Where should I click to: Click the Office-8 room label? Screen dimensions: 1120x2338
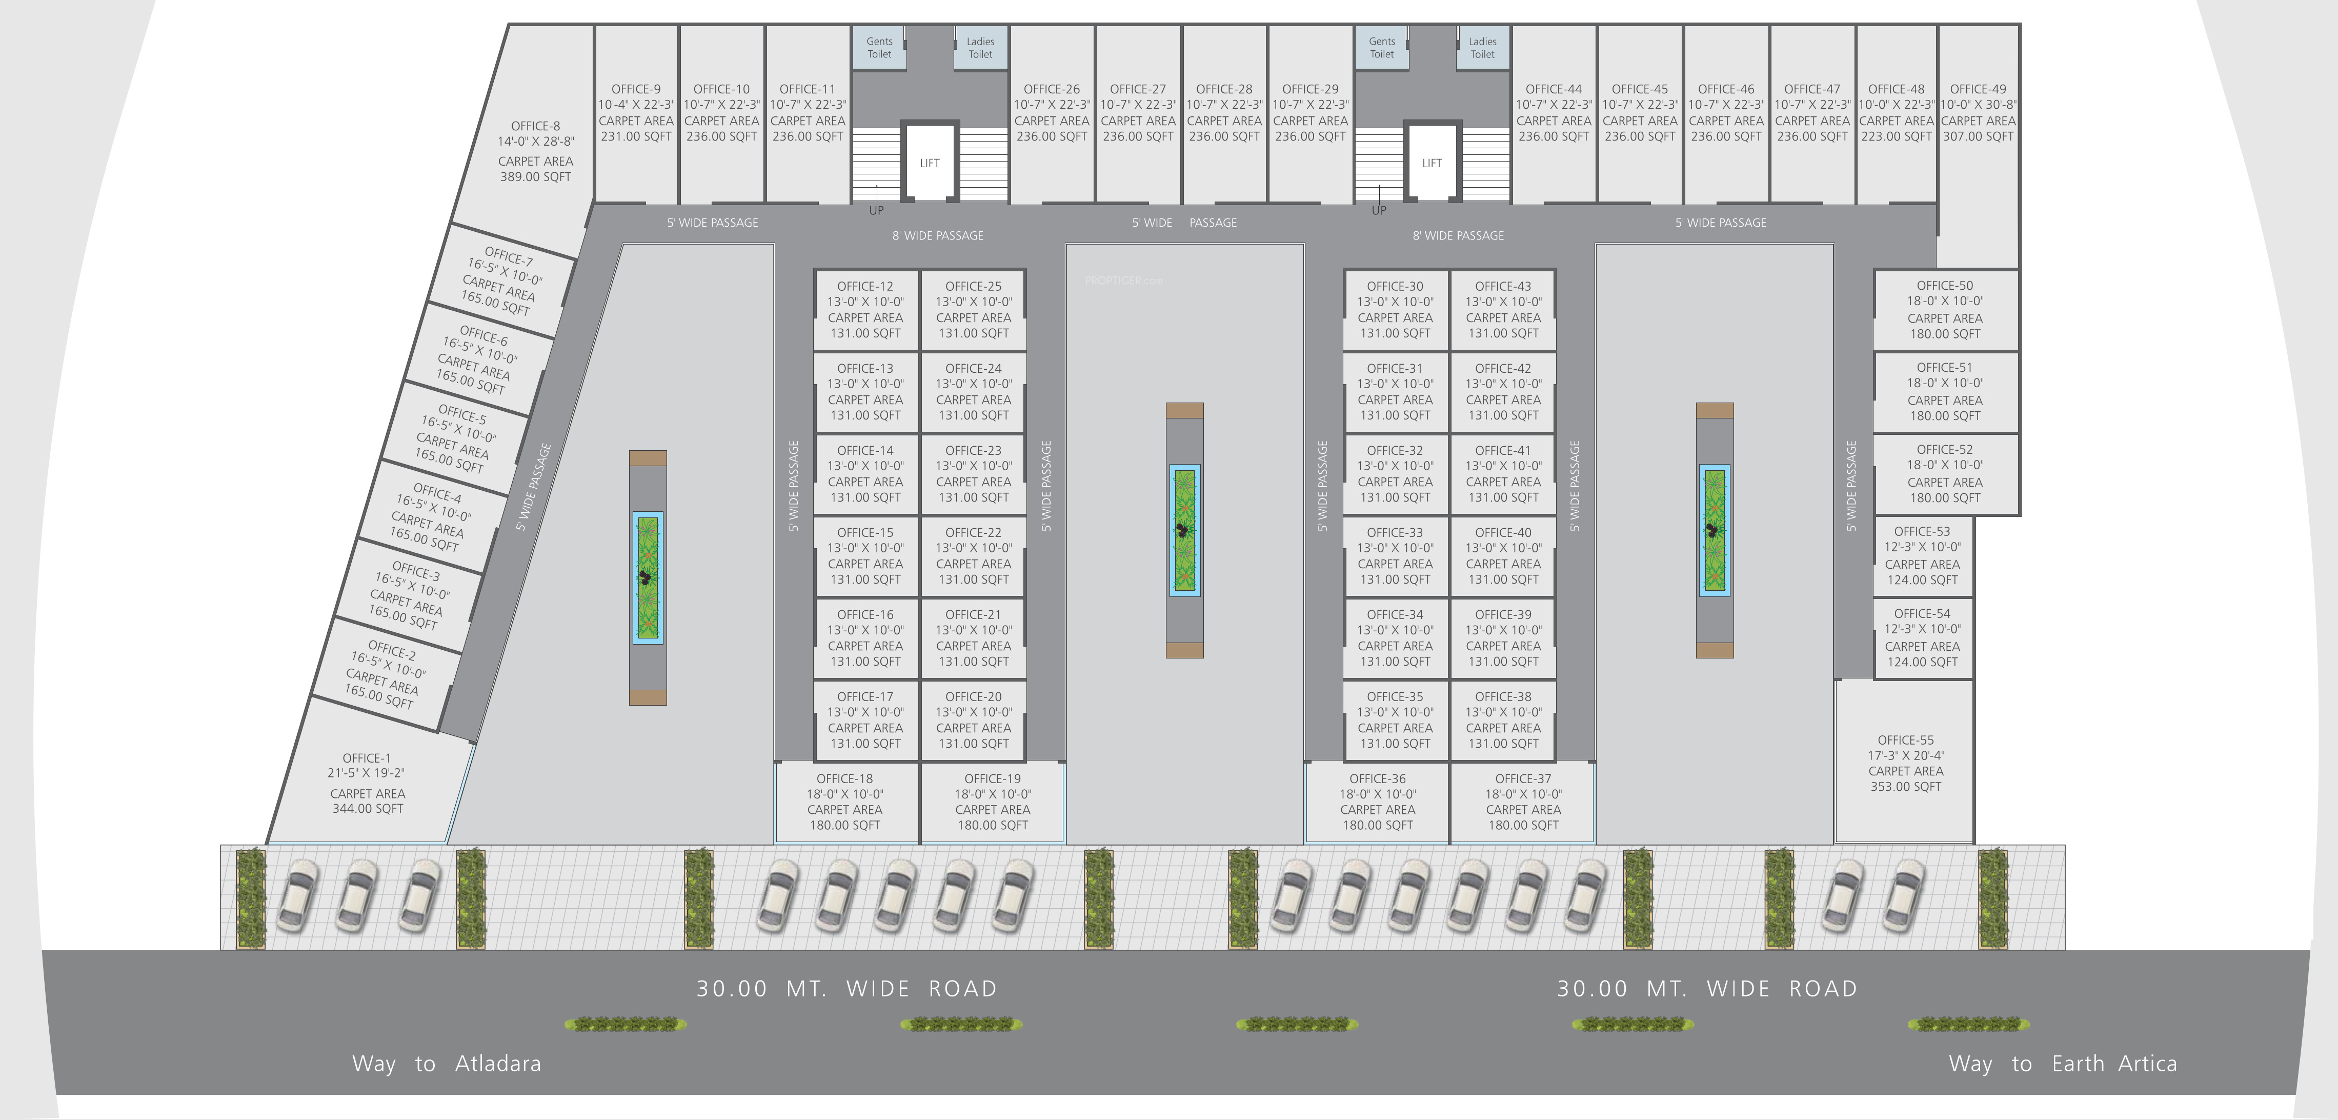(x=535, y=126)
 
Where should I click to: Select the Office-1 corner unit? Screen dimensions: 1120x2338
(x=368, y=783)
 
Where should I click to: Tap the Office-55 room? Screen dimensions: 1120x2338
(x=1905, y=763)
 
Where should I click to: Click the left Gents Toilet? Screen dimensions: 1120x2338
(x=879, y=47)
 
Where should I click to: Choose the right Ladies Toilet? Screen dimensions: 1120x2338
(x=1482, y=47)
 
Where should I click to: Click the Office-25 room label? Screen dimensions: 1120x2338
(x=973, y=286)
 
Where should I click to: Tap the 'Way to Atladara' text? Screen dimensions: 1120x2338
(x=447, y=1064)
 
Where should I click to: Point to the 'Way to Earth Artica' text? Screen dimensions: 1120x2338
(x=2062, y=1064)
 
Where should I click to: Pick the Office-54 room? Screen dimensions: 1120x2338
(x=1922, y=637)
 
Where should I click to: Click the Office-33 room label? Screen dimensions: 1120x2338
(x=1395, y=533)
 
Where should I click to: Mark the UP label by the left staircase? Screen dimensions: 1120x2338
(x=876, y=211)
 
